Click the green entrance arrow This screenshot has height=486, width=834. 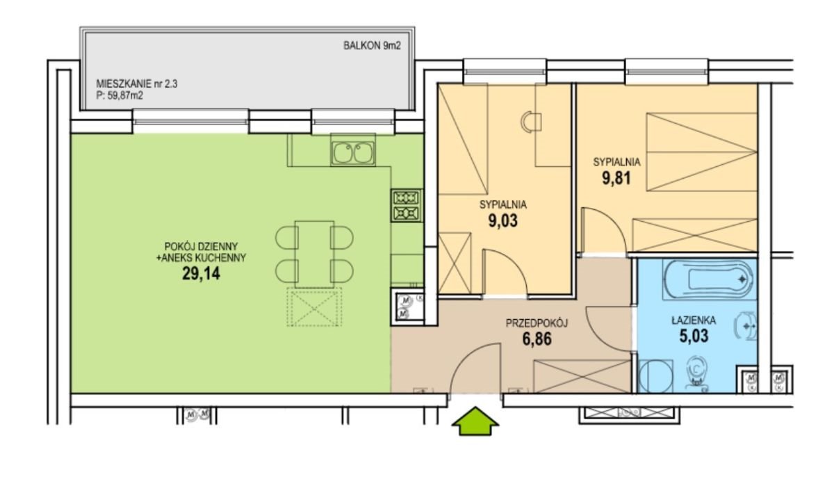(x=475, y=421)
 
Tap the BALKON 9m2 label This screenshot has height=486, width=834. (x=372, y=46)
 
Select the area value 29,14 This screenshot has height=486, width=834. (x=201, y=274)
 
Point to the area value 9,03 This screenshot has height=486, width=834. (x=503, y=221)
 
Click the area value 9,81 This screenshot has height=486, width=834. (x=616, y=178)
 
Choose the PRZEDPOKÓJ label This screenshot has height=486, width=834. (x=537, y=323)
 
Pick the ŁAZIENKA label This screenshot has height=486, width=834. (x=694, y=321)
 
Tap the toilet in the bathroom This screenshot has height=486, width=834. (x=696, y=373)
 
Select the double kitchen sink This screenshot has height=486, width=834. (x=353, y=153)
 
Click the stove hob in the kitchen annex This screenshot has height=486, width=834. (x=407, y=206)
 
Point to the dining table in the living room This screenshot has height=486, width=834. (x=314, y=254)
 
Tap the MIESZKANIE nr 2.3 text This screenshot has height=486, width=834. (x=137, y=84)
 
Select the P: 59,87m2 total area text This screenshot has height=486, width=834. (x=120, y=96)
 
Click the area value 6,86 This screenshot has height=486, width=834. (x=537, y=339)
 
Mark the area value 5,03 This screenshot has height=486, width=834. (x=694, y=336)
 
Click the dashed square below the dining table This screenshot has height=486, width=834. (x=314, y=307)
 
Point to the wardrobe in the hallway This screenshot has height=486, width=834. (x=582, y=377)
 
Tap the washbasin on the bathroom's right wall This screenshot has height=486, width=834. (x=746, y=326)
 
